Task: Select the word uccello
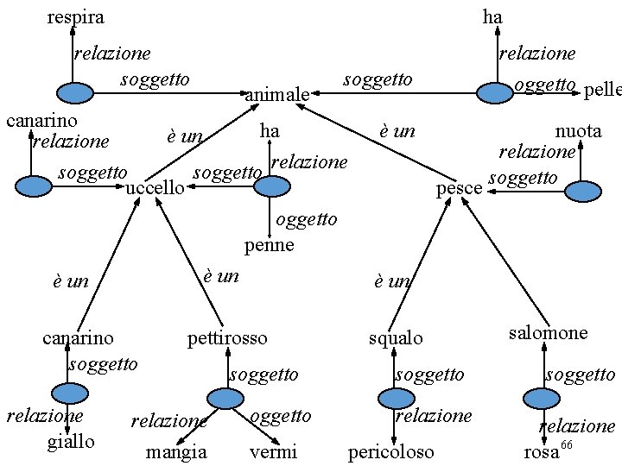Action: (x=155, y=187)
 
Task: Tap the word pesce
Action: (x=460, y=187)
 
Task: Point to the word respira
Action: (x=75, y=16)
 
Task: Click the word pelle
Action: (x=603, y=91)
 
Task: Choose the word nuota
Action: (x=578, y=131)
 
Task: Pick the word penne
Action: (x=270, y=245)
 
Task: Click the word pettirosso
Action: (x=227, y=338)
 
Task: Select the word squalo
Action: (x=396, y=338)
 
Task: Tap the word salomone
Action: (x=548, y=333)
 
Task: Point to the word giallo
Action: (x=71, y=442)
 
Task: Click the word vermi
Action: (x=273, y=452)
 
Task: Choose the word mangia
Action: (x=176, y=452)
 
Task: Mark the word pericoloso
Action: (x=390, y=452)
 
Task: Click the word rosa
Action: (x=542, y=452)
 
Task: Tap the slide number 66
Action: (x=567, y=444)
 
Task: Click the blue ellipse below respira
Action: (x=74, y=92)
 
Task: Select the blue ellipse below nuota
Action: (x=583, y=193)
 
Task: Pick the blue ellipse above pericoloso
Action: (x=397, y=398)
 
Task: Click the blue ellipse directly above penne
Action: (x=271, y=186)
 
